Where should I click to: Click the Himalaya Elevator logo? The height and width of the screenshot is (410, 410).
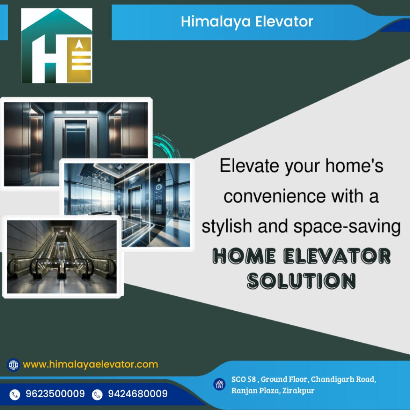pos(57,46)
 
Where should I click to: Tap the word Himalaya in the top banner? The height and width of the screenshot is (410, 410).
pos(216,22)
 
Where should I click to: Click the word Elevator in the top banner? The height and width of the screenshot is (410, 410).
pos(284,21)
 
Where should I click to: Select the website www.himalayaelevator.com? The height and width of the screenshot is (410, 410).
pos(90,364)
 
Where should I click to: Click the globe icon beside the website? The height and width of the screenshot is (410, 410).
pos(13,365)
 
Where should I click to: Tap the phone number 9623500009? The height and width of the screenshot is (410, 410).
pos(55,394)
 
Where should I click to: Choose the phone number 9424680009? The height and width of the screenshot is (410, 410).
pos(138,394)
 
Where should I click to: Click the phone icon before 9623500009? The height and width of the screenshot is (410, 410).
pos(15,394)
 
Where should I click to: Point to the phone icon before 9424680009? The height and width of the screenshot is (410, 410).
pos(97,394)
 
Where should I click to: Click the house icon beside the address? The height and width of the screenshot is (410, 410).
pos(219,384)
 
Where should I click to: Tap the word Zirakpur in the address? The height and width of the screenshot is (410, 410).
pos(298,391)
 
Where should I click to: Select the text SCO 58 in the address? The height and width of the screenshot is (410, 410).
pos(243,379)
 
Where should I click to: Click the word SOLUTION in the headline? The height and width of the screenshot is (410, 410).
pos(301,281)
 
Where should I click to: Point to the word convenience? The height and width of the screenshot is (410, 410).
pos(275,196)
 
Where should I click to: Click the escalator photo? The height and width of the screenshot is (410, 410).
pos(62,257)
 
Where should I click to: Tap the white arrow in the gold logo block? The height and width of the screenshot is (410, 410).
pos(80,44)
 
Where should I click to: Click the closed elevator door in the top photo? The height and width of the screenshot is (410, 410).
pos(76,141)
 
